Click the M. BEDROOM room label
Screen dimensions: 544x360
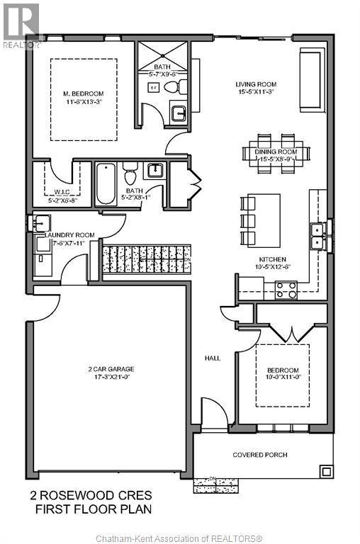pyautogui.click(x=84, y=93)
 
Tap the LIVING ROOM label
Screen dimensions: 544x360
pyautogui.click(x=254, y=84)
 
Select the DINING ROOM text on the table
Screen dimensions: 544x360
pyautogui.click(x=276, y=152)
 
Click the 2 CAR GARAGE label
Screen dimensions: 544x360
pyautogui.click(x=111, y=369)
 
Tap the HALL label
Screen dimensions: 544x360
pyautogui.click(x=213, y=358)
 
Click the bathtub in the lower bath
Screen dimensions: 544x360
pyautogui.click(x=106, y=183)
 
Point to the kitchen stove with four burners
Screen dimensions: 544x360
pyautogui.click(x=285, y=290)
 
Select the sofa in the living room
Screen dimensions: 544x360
pyautogui.click(x=310, y=80)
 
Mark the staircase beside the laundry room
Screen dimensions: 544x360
pyautogui.click(x=147, y=259)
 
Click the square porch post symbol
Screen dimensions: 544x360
pyautogui.click(x=325, y=470)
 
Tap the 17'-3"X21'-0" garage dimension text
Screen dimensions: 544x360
pyautogui.click(x=111, y=378)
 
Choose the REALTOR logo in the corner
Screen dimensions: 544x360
pyautogui.click(x=19, y=25)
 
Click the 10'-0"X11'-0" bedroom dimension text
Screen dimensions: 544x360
pyautogui.click(x=283, y=380)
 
